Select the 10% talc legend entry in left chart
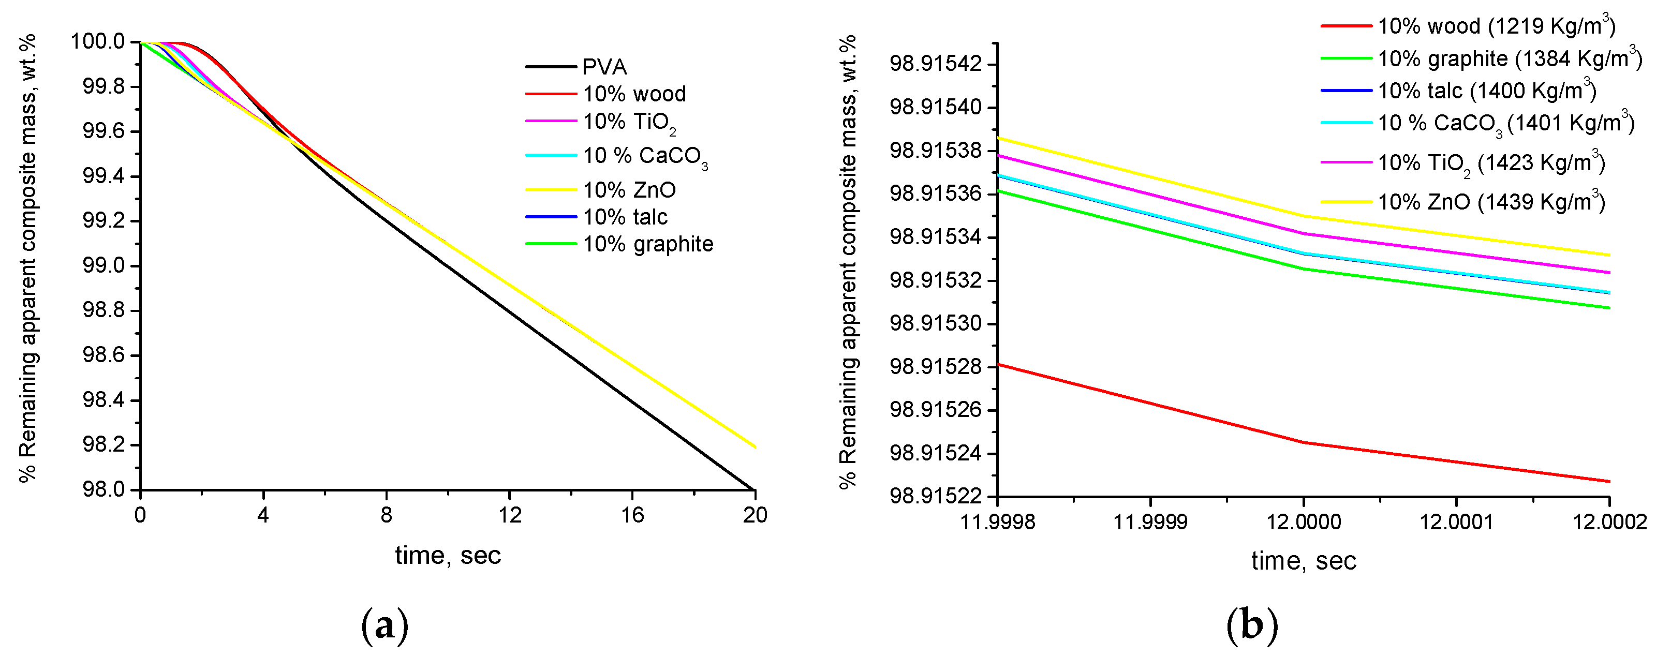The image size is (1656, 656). pyautogui.click(x=624, y=217)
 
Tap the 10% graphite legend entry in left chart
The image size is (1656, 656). pyautogui.click(x=647, y=244)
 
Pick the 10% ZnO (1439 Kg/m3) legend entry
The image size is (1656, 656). pyautogui.click(x=1490, y=202)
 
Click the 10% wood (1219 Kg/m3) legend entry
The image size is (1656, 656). pyautogui.click(x=1495, y=26)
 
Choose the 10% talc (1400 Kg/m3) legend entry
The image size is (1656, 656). pyautogui.click(x=1486, y=91)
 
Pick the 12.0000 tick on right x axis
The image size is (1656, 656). pyautogui.click(x=1303, y=521)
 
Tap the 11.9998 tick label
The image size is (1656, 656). pyautogui.click(x=997, y=521)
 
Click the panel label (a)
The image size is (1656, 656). pyautogui.click(x=385, y=627)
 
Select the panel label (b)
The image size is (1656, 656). pyautogui.click(x=1252, y=627)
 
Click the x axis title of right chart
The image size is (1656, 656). pyautogui.click(x=1303, y=561)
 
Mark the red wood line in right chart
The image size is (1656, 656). pyautogui.click(x=1303, y=442)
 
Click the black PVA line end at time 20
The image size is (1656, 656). pyautogui.click(x=753, y=489)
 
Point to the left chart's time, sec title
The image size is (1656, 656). pyautogui.click(x=448, y=555)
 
